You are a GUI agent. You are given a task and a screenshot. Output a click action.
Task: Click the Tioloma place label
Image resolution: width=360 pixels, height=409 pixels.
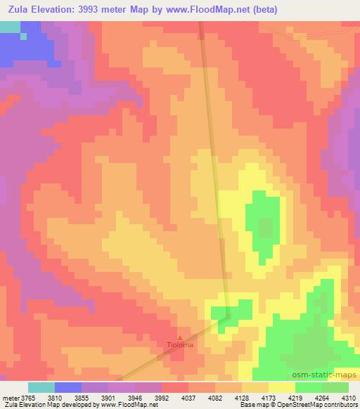click(x=179, y=345)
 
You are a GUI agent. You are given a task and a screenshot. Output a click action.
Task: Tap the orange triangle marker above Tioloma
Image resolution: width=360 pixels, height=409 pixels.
click(x=179, y=337)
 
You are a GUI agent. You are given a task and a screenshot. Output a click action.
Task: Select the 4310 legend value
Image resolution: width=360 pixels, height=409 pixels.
click(x=348, y=397)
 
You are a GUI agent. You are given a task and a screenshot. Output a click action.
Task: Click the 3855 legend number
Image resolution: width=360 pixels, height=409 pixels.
click(x=100, y=397)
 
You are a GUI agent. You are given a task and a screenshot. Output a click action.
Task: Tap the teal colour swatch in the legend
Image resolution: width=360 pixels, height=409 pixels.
click(x=41, y=387)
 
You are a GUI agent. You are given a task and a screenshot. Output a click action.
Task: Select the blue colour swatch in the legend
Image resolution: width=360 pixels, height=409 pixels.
click(x=68, y=387)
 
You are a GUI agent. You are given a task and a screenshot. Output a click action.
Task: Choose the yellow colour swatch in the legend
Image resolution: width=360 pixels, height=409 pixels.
click(x=282, y=387)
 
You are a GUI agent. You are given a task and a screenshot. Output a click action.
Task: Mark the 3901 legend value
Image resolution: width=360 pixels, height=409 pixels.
click(x=131, y=397)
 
